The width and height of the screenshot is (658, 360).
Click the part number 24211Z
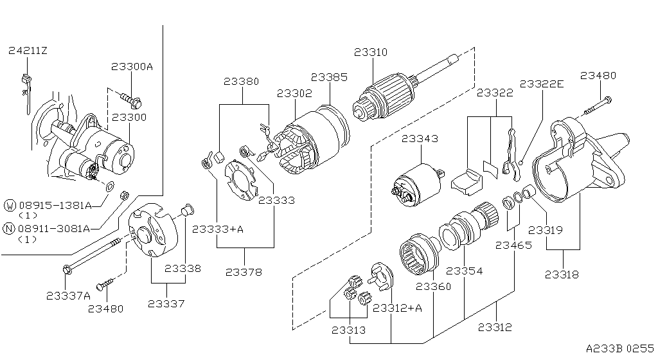28,50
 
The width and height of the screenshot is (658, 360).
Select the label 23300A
132,66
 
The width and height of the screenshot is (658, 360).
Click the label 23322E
541,84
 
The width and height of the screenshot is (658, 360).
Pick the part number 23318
562,274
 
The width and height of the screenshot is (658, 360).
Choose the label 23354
464,271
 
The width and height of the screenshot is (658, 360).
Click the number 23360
434,286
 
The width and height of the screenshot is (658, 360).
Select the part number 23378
244,272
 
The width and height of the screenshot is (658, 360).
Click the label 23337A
68,296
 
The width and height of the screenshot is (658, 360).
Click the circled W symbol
10,205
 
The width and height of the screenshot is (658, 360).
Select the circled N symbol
10,229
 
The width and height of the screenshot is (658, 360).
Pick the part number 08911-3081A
55,229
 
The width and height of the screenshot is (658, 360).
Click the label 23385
329,76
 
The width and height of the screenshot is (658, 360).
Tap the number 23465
513,245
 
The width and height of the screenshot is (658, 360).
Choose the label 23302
294,93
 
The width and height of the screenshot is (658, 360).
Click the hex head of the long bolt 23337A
67,270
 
